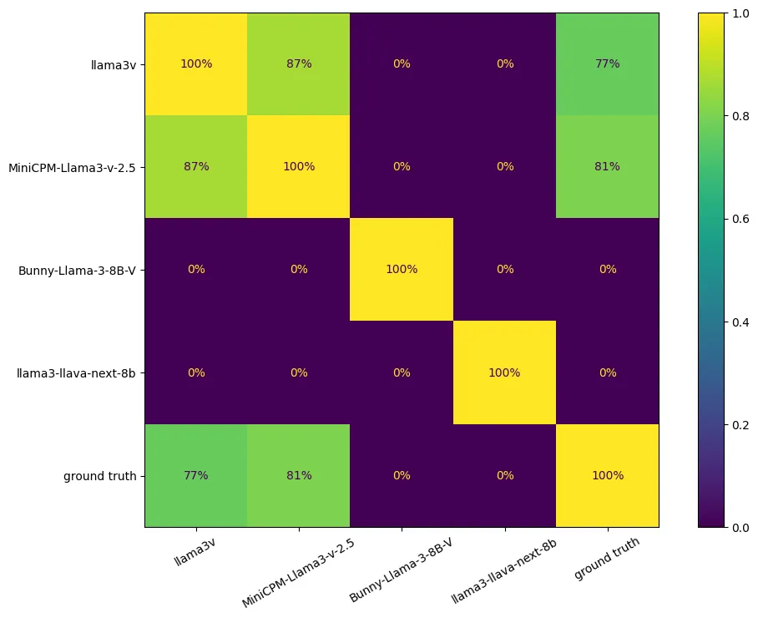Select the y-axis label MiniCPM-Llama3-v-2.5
(x=73, y=167)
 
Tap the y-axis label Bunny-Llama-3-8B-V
(x=78, y=270)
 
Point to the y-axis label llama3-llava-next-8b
(x=76, y=372)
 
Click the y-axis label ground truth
(x=99, y=475)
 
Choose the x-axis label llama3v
(x=193, y=557)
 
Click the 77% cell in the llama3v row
(x=607, y=64)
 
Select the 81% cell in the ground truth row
(x=299, y=475)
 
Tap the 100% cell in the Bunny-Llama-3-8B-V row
(x=402, y=270)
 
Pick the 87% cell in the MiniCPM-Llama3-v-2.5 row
(x=196, y=167)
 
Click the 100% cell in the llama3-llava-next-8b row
(x=504, y=372)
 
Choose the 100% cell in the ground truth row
(x=607, y=475)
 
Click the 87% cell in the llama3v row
(x=299, y=64)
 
